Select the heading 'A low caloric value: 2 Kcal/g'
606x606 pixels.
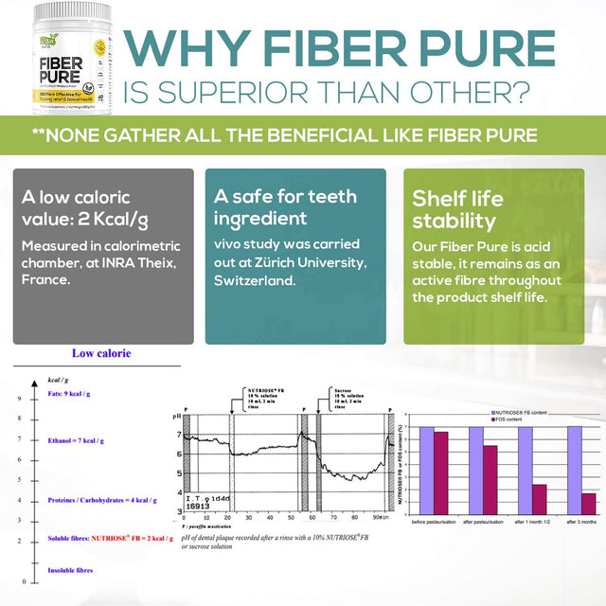86,210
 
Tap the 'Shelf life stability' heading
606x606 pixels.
454,210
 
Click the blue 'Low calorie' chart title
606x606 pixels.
101,353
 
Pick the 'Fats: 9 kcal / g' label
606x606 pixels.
76,394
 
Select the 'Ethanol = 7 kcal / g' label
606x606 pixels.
76,440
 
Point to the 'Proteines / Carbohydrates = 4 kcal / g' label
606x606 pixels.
102,500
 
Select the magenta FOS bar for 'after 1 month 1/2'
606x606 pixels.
539,499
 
